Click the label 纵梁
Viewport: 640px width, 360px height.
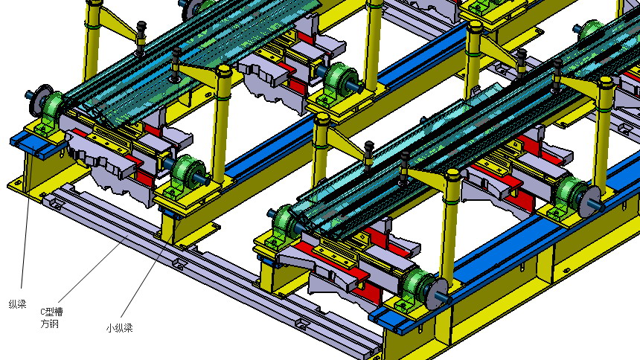tap(18, 304)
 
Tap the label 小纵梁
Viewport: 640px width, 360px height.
tap(119, 328)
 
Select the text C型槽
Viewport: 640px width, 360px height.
tap(51, 312)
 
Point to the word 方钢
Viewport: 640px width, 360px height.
tap(49, 324)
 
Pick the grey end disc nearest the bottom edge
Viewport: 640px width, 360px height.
tap(437, 293)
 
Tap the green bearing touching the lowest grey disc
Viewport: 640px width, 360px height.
tap(418, 286)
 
